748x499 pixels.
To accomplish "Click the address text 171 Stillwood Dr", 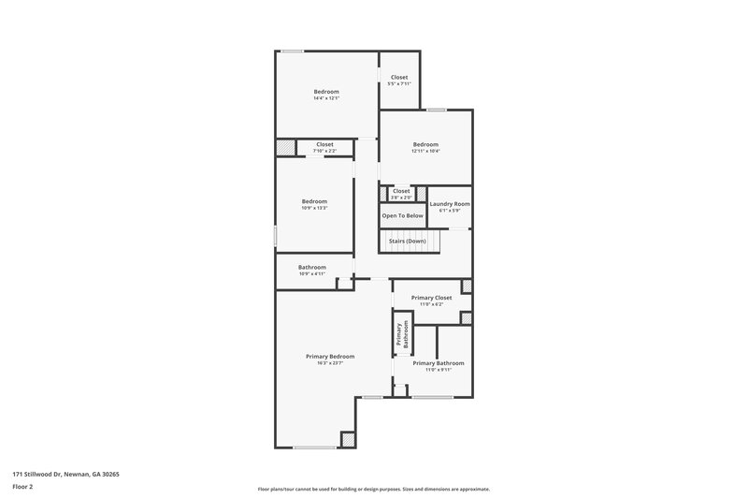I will (65, 474).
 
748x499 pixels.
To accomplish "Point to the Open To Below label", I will (402, 215).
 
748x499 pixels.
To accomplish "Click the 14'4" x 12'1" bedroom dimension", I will (326, 97).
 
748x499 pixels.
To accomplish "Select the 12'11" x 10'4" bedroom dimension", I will (426, 151).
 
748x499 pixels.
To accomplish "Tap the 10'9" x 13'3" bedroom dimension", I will (314, 207).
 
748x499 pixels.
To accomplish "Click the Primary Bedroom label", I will (330, 356).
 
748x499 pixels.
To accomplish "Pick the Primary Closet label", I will (431, 298).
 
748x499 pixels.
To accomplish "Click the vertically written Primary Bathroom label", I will (402, 334).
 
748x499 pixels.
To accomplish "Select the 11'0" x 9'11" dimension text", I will (438, 370).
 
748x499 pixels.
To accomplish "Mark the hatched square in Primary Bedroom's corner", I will (347, 438).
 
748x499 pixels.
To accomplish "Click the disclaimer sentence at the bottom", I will (373, 489).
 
